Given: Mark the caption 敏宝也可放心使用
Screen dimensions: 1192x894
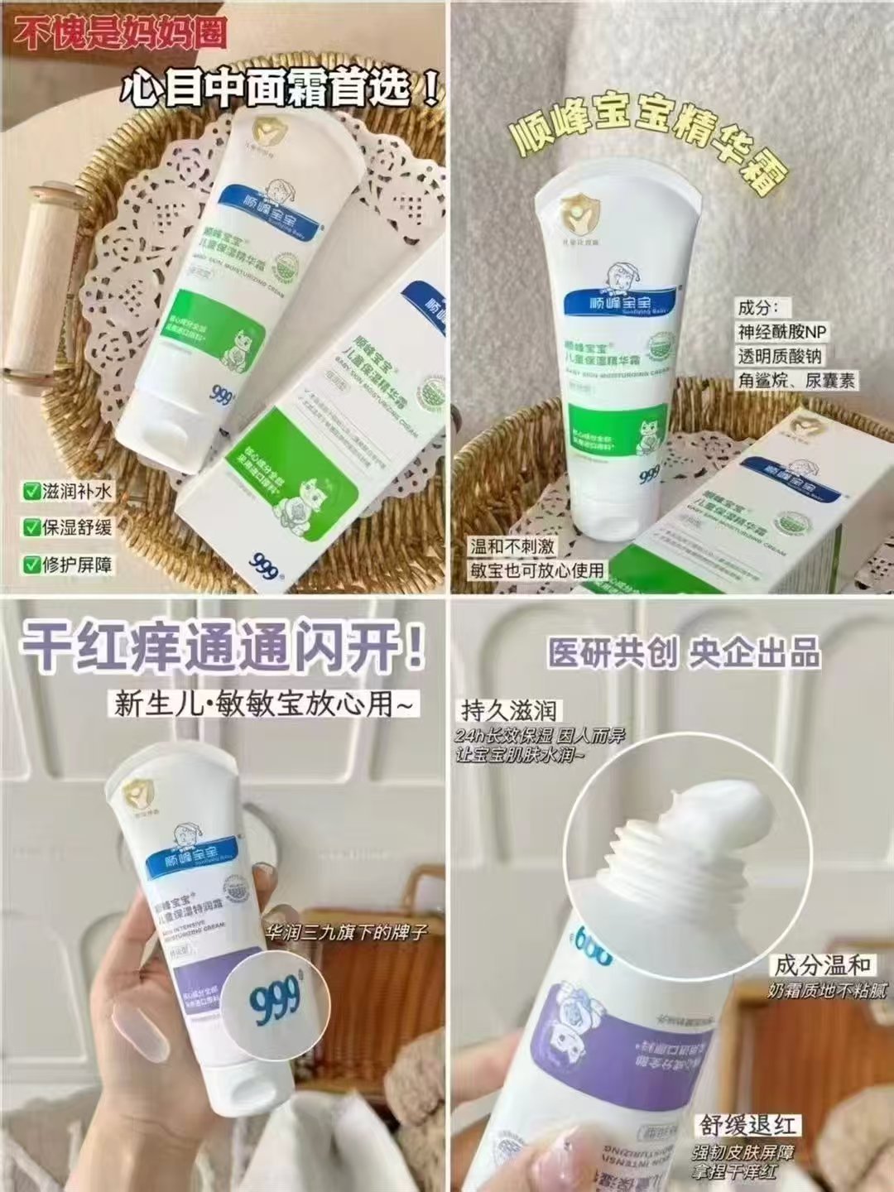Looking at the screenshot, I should [x=537, y=570].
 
